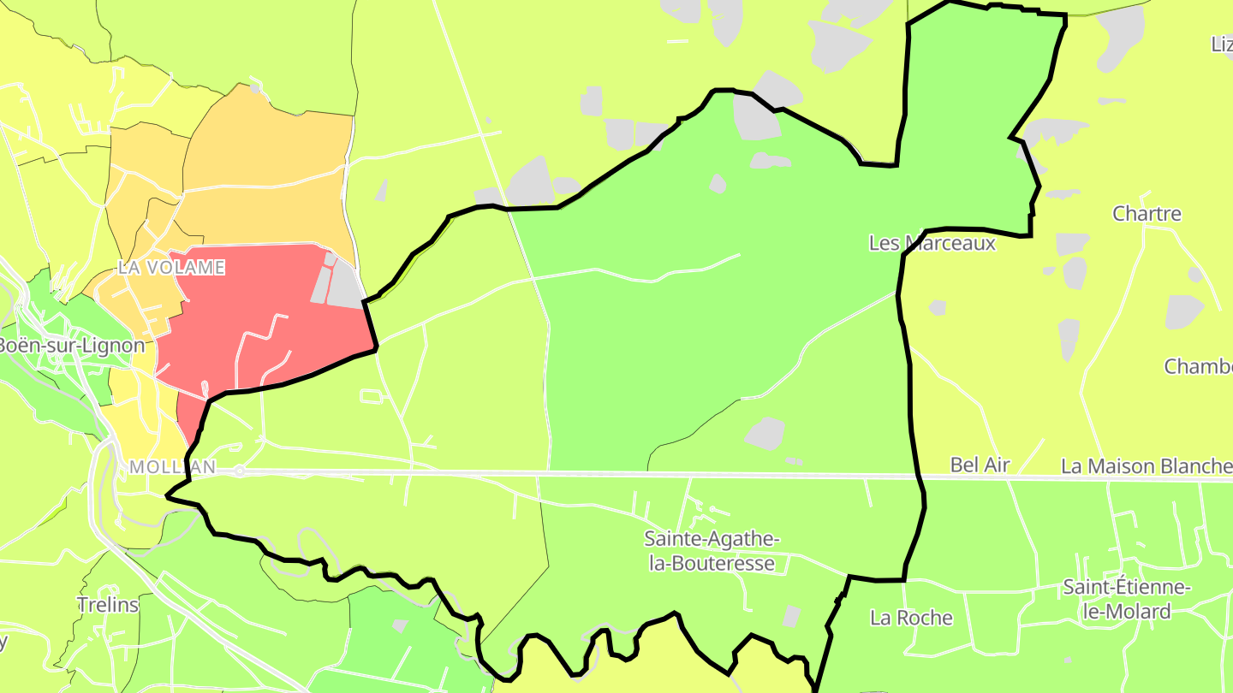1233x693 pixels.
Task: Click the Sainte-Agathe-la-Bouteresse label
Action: (712, 551)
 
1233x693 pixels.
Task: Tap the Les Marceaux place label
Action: (932, 243)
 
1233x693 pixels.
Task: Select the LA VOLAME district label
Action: (171, 268)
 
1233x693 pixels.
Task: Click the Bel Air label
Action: (980, 465)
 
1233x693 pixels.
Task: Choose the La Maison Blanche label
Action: (1146, 466)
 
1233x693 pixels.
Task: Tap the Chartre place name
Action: (1147, 214)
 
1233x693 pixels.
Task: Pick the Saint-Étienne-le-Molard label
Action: (1116, 599)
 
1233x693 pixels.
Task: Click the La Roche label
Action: (911, 618)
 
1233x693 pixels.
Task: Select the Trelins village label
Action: (108, 605)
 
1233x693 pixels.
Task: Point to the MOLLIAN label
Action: (172, 468)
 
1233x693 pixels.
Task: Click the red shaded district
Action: (248, 308)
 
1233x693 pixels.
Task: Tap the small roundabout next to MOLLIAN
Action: (241, 471)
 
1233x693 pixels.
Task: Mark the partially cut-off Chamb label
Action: (1197, 366)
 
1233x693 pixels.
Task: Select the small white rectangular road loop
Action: (372, 396)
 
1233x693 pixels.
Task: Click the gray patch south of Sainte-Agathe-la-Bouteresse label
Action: (791, 616)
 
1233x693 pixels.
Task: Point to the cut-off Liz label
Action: (1222, 44)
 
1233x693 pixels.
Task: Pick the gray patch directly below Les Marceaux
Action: (937, 307)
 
